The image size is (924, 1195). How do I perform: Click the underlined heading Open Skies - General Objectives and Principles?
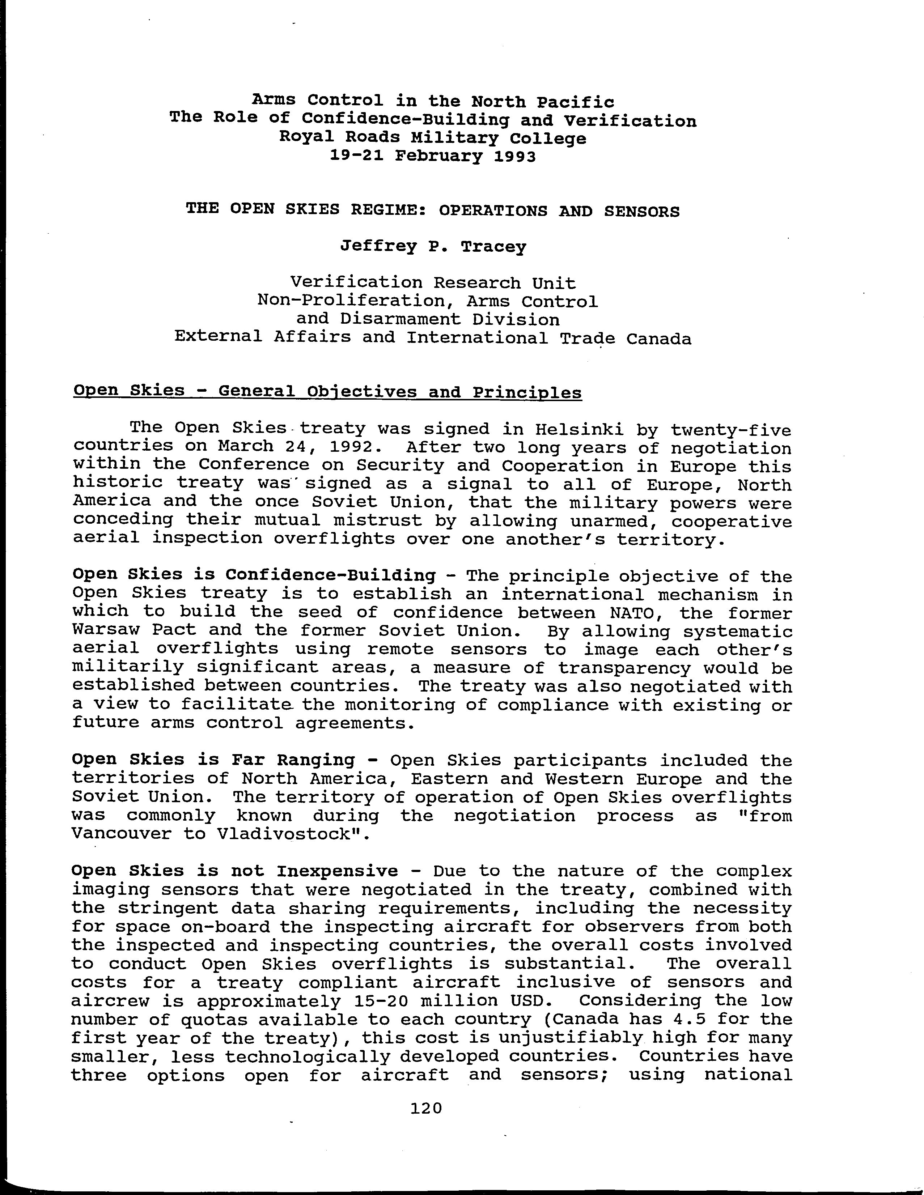click(x=327, y=392)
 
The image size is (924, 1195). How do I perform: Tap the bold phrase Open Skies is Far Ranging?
click(x=213, y=760)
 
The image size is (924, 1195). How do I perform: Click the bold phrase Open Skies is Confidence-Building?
click(x=254, y=575)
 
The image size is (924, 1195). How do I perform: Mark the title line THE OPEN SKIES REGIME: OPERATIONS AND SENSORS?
click(x=432, y=210)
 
